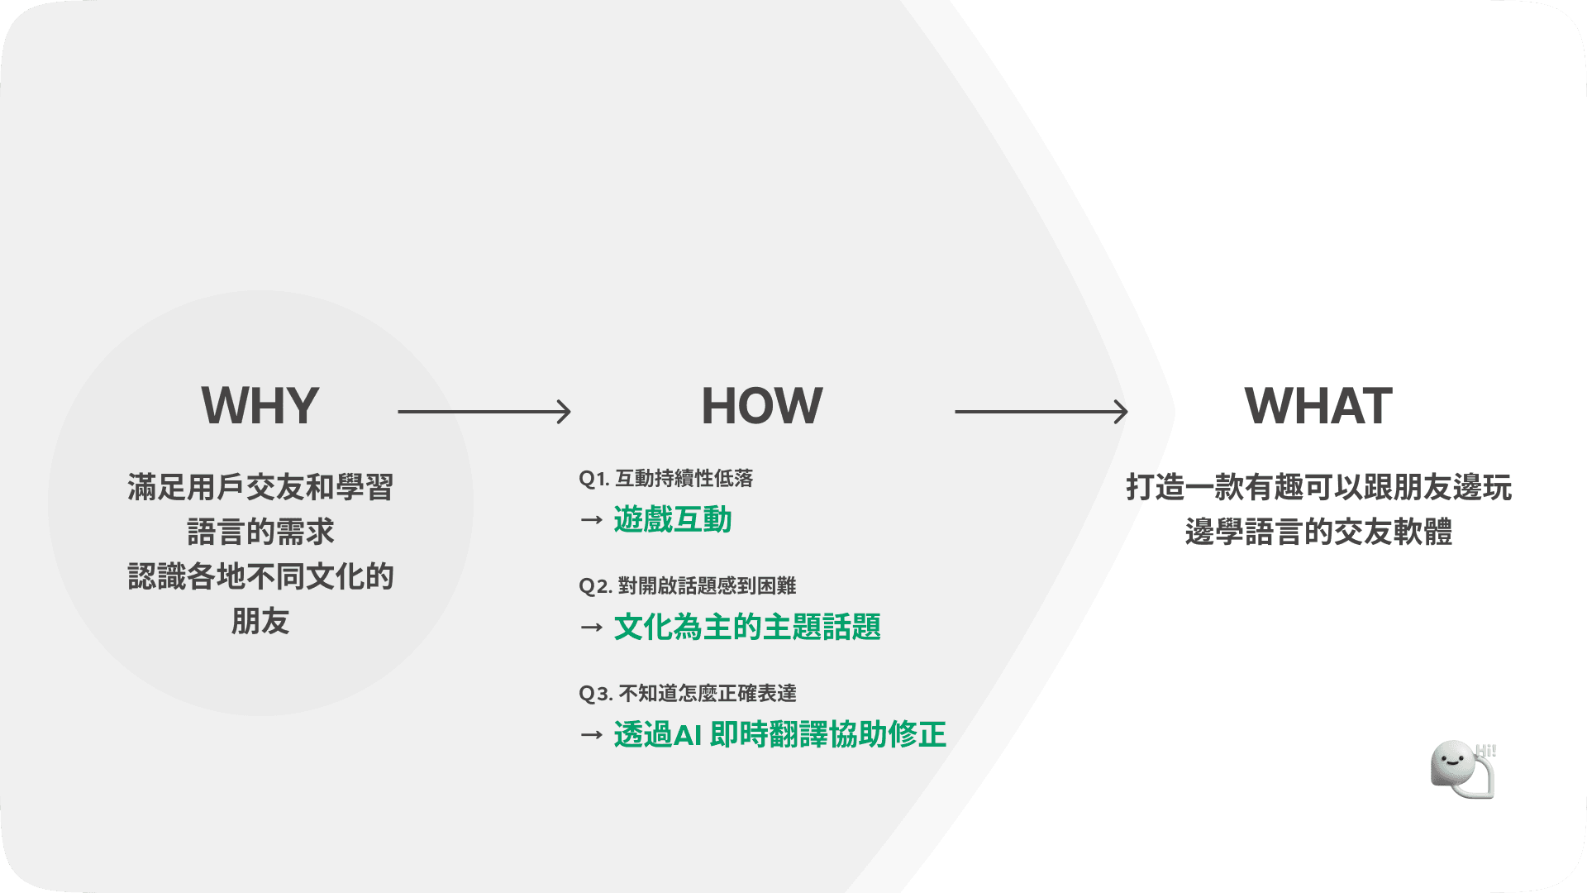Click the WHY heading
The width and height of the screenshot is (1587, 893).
pyautogui.click(x=260, y=406)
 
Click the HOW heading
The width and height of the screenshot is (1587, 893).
pyautogui.click(x=761, y=406)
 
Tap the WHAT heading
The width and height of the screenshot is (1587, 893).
pyautogui.click(x=1318, y=406)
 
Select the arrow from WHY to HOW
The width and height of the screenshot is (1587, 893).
pyautogui.click(x=484, y=411)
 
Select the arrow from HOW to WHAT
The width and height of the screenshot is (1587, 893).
pyautogui.click(x=1041, y=411)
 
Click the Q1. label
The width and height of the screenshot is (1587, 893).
pyautogui.click(x=593, y=479)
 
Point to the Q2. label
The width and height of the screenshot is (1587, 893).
pyautogui.click(x=595, y=586)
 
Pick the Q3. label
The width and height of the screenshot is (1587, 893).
pyautogui.click(x=595, y=694)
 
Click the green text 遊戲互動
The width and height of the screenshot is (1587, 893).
pyautogui.click(x=673, y=520)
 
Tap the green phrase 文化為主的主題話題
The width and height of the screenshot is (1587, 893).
pyautogui.click(x=747, y=628)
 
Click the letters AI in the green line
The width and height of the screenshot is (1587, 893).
pyautogui.click(x=687, y=735)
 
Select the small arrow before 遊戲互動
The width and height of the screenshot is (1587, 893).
pyautogui.click(x=591, y=520)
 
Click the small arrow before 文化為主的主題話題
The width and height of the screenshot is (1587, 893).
pyautogui.click(x=591, y=628)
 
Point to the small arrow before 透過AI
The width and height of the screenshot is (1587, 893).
pyautogui.click(x=591, y=734)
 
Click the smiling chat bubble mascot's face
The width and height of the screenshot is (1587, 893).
pyautogui.click(x=1451, y=763)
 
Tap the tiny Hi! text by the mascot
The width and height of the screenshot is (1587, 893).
pyautogui.click(x=1486, y=751)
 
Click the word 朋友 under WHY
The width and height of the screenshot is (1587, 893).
pyautogui.click(x=260, y=621)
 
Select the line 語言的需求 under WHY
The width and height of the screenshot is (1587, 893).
pyautogui.click(x=260, y=532)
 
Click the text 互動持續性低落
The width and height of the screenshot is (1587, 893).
pyautogui.click(x=684, y=479)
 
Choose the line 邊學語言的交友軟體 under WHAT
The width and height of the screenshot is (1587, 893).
pyautogui.click(x=1318, y=532)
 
